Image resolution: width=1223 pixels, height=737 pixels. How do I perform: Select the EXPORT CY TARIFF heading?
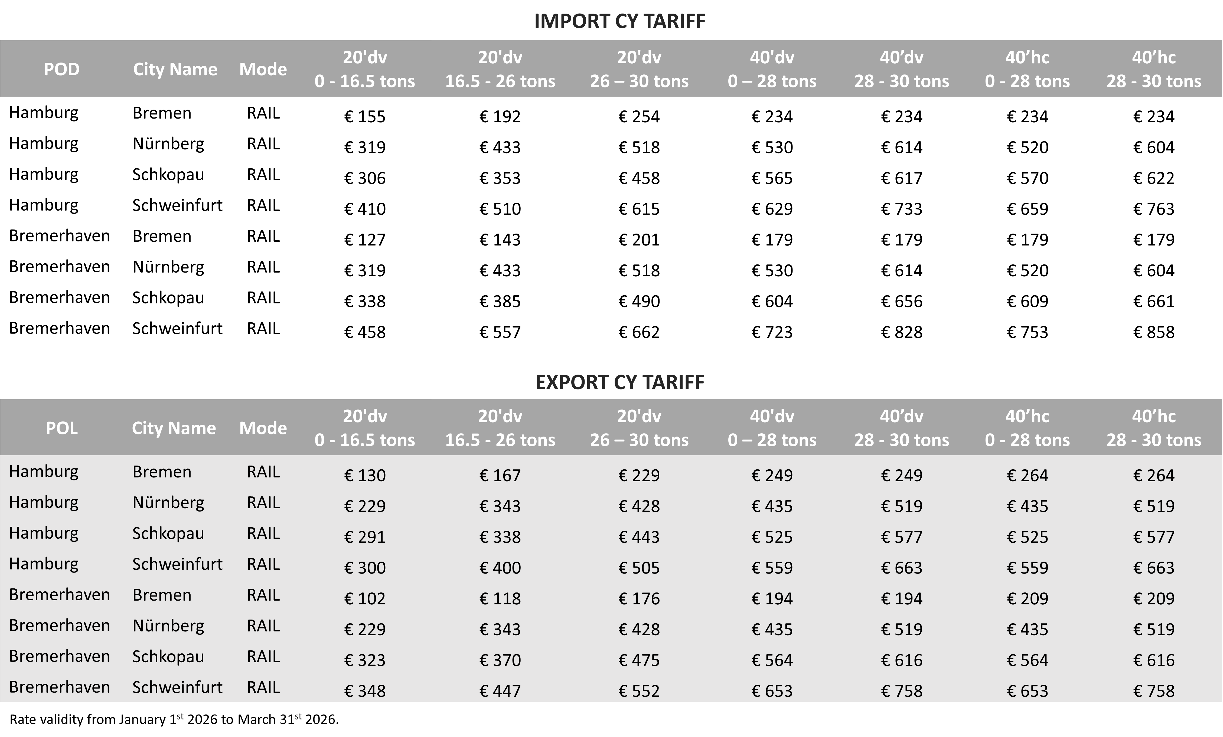pos(619,382)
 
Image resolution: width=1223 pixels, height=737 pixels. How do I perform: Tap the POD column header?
pos(61,69)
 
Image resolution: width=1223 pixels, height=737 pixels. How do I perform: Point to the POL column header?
pos(61,428)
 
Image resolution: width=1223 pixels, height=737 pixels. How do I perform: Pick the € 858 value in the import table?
pos(1153,332)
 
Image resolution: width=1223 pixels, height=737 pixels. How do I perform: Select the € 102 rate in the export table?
pos(365,598)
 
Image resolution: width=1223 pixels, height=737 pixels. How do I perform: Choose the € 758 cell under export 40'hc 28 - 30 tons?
pos(1153,691)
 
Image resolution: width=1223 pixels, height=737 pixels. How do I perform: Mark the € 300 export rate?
pos(365,568)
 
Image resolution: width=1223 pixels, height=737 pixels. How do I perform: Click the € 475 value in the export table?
pos(639,660)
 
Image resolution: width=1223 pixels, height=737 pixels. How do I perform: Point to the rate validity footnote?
pos(174,719)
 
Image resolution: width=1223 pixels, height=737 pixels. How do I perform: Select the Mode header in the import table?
pos(263,69)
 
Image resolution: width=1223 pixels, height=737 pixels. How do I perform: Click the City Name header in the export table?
pos(174,428)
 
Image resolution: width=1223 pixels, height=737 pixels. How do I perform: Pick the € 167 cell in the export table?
pos(500,476)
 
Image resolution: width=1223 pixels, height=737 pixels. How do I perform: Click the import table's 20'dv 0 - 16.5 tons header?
pos(365,69)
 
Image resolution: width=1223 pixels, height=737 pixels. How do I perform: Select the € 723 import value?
pos(772,332)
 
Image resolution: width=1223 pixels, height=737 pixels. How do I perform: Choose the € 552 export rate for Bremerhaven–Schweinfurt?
pos(639,691)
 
